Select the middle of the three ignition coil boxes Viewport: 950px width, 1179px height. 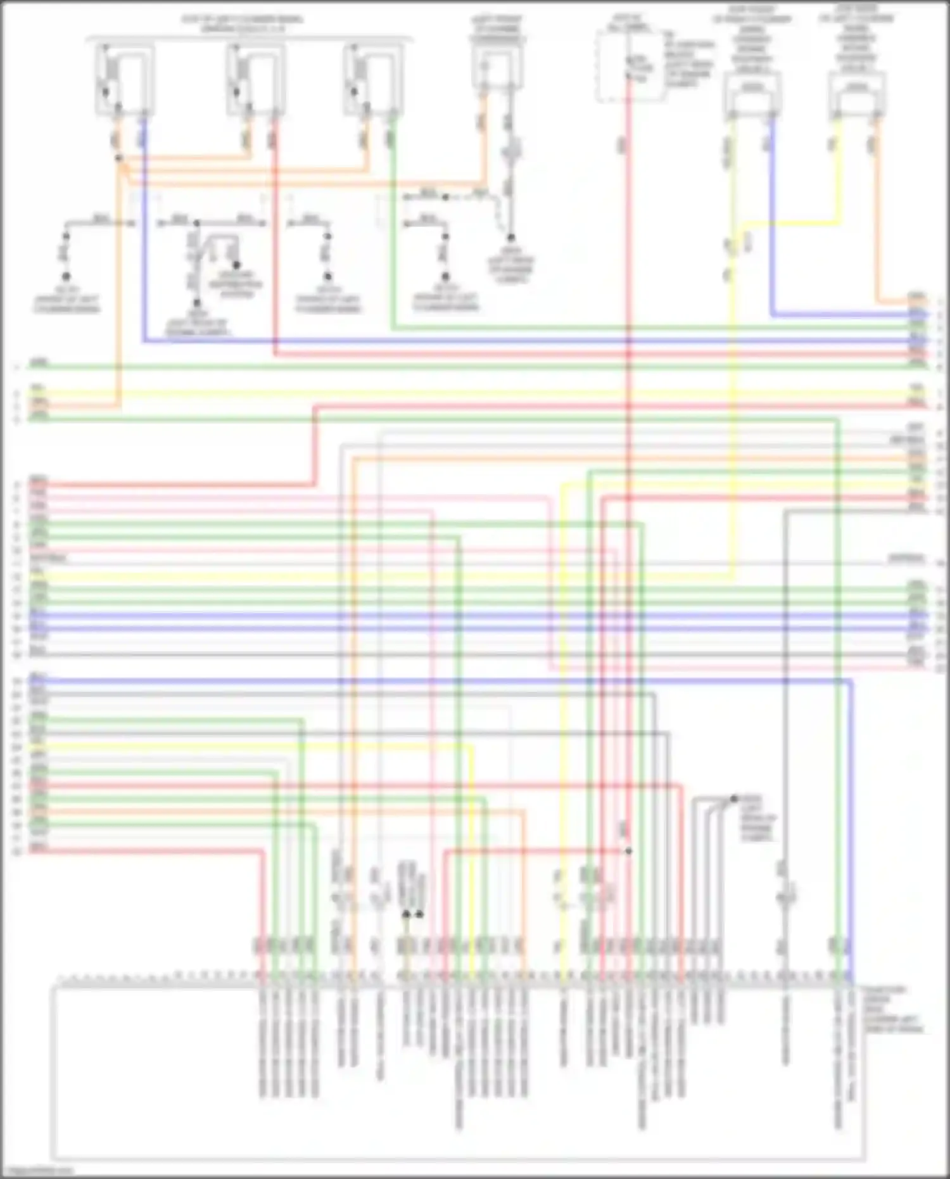point(255,79)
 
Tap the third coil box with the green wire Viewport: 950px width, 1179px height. point(373,79)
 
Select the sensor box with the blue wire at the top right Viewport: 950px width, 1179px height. point(752,95)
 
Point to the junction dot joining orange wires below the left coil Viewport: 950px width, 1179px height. point(118,158)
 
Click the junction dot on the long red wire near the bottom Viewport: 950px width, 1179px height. point(628,851)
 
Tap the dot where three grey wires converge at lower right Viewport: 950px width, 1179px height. point(734,799)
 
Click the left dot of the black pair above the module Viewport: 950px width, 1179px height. point(406,914)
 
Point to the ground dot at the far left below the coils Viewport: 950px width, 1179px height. point(66,277)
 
